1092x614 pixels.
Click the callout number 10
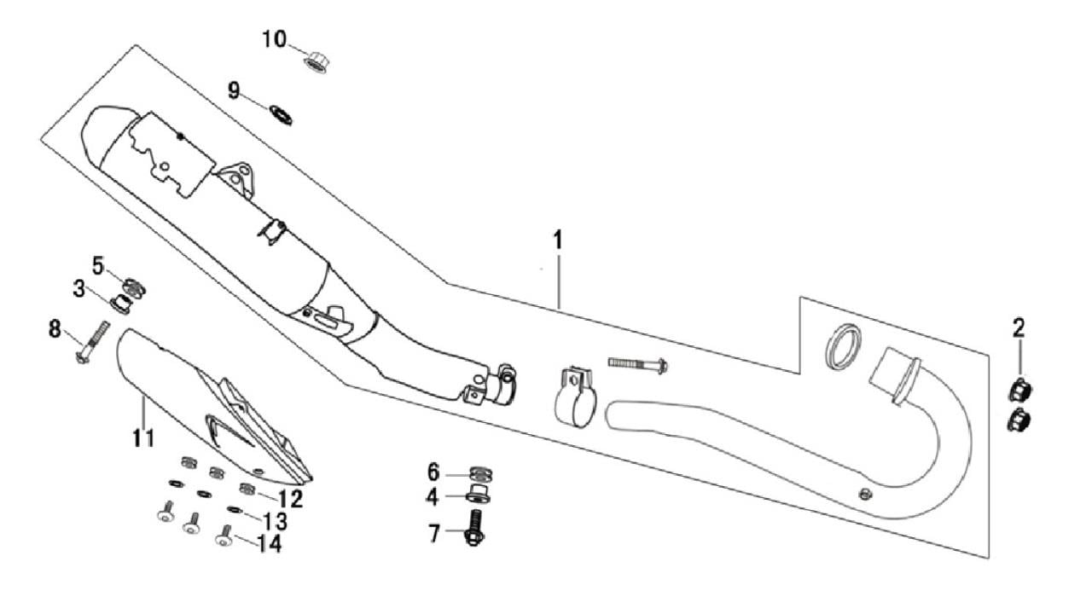coord(275,39)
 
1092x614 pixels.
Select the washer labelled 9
coord(280,113)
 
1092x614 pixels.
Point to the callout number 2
coord(1019,327)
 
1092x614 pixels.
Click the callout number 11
coord(143,438)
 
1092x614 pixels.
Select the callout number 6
coord(433,472)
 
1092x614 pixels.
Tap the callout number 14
coord(267,543)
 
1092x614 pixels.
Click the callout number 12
coord(290,497)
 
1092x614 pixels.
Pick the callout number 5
coord(98,265)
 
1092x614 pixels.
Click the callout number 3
coord(79,289)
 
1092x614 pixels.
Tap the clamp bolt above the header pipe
coord(638,364)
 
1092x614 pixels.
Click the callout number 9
coord(234,90)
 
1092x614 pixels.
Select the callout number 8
coord(55,327)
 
